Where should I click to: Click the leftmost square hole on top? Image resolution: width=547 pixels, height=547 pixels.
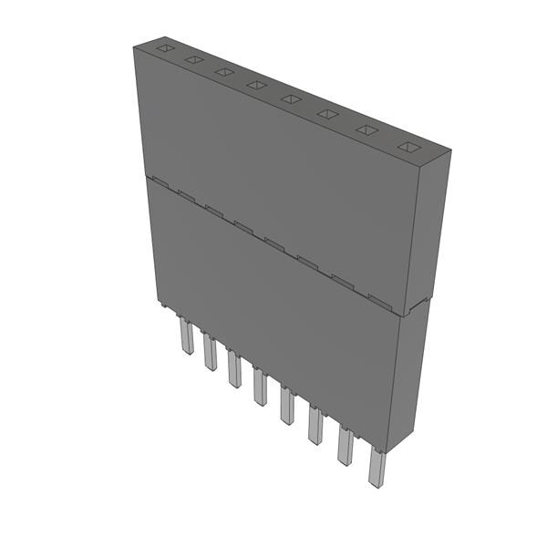(x=164, y=48)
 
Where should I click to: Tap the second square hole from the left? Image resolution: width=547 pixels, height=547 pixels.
(x=193, y=60)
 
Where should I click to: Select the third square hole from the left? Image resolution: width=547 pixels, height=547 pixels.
(x=223, y=72)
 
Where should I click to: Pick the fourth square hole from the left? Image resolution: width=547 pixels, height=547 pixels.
(x=256, y=85)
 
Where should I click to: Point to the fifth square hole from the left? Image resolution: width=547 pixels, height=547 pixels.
(x=290, y=98)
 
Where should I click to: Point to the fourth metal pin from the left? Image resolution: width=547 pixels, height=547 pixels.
(x=260, y=387)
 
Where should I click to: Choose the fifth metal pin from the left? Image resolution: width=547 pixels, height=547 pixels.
(x=287, y=406)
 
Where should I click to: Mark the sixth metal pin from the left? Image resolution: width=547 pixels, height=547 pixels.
(x=315, y=425)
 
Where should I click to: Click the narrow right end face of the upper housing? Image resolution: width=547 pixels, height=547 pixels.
(x=437, y=228)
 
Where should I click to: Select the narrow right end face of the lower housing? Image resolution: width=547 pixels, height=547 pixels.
(x=415, y=374)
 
